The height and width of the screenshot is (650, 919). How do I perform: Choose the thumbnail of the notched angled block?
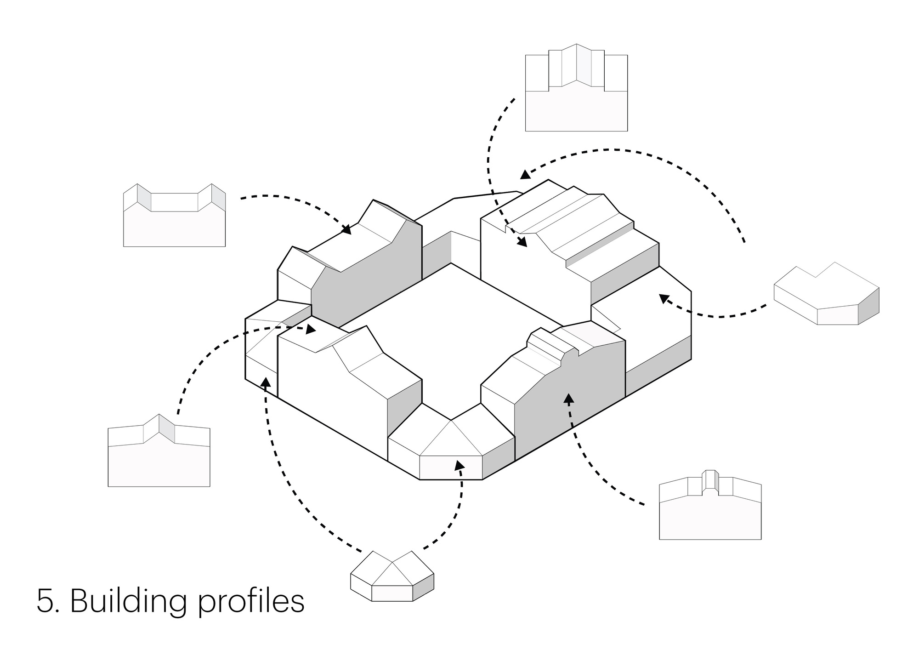tap(826, 296)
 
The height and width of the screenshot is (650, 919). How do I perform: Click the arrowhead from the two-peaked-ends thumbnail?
tap(347, 229)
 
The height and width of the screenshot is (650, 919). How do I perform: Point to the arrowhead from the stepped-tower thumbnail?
tap(522, 242)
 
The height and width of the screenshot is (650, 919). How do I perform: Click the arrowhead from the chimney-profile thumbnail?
tap(569, 398)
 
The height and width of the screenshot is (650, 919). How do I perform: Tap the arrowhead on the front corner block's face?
tap(458, 465)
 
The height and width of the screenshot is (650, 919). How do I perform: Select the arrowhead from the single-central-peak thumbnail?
tap(311, 330)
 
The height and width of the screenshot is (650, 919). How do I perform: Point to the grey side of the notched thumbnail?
tap(868, 306)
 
